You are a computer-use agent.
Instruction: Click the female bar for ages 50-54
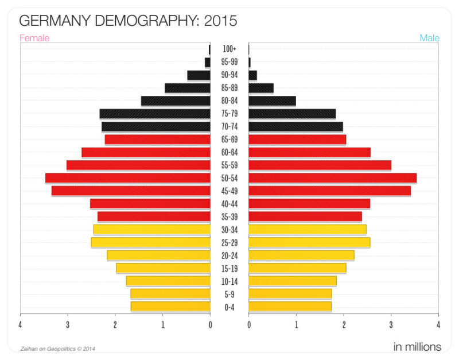127,178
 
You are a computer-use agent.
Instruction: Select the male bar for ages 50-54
332,178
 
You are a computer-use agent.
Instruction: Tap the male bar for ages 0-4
290,307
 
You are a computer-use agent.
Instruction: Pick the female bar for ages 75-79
155,114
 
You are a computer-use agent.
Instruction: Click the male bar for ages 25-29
309,242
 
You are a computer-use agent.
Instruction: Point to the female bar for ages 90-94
199,75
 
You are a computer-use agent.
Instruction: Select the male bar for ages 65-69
297,140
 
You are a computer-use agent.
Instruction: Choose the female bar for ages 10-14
168,281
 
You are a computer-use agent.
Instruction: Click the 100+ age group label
229,49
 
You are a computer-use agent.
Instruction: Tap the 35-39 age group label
229,216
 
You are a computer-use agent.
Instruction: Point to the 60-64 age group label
229,152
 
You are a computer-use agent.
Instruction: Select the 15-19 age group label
229,268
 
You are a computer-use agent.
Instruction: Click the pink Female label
34,38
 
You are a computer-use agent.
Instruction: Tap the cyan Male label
429,38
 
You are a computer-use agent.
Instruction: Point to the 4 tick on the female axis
20,325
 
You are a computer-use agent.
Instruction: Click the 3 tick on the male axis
391,325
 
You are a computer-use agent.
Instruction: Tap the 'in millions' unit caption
417,347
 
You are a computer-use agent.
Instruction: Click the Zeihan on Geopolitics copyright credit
57,348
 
